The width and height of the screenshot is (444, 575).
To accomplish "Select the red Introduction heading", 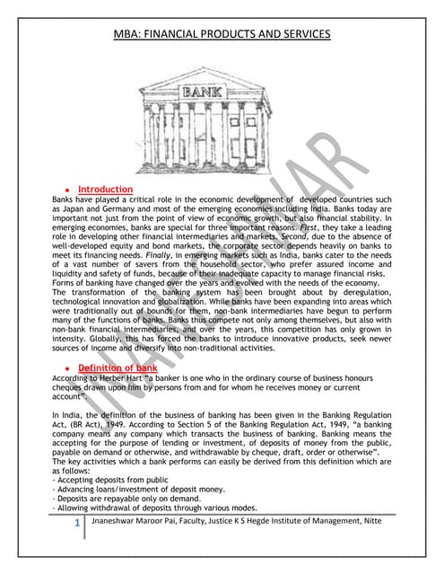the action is [x=105, y=190].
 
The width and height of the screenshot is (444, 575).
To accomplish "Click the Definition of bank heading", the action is [x=118, y=368].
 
